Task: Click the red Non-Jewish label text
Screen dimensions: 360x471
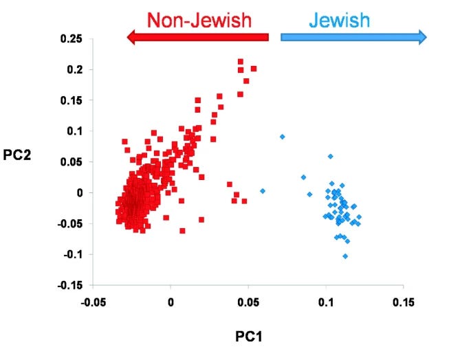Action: click(x=199, y=21)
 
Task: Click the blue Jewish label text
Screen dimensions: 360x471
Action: click(x=339, y=20)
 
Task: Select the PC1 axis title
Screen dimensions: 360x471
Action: click(x=248, y=337)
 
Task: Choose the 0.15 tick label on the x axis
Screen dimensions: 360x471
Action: click(x=403, y=302)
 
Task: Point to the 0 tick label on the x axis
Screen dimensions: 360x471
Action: click(x=171, y=302)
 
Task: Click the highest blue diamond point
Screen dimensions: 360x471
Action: click(x=283, y=137)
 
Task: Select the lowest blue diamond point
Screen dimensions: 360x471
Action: click(x=345, y=256)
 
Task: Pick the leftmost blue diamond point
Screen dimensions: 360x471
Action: click(x=262, y=190)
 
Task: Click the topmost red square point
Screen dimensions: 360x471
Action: click(x=241, y=62)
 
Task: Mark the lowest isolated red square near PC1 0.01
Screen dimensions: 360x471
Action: click(x=182, y=231)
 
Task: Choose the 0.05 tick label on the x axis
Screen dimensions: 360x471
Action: click(x=248, y=302)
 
